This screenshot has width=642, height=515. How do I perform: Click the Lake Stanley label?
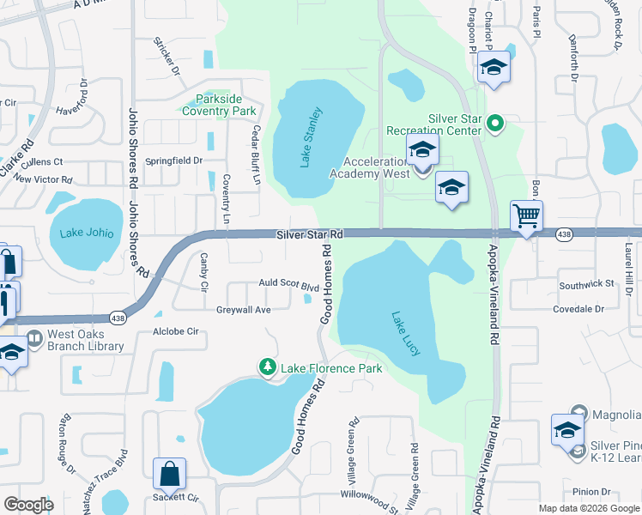click(x=311, y=137)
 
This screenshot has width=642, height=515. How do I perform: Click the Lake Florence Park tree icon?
click(x=268, y=368)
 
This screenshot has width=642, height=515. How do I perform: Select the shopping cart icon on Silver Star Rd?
click(x=526, y=216)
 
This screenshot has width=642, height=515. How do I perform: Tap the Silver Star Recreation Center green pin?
click(x=494, y=125)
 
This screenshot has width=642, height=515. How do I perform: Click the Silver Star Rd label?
click(x=310, y=234)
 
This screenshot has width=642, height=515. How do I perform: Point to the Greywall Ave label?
click(x=243, y=310)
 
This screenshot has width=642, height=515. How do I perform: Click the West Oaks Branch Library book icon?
click(x=34, y=339)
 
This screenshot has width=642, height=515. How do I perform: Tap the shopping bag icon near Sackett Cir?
click(x=169, y=473)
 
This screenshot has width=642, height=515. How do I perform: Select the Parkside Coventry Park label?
click(x=219, y=106)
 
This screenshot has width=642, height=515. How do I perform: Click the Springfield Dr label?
click(x=173, y=161)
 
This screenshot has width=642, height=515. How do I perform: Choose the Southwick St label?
click(x=586, y=283)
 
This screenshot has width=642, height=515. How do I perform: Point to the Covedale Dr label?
click(x=580, y=309)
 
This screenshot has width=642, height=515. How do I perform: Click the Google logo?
click(x=28, y=505)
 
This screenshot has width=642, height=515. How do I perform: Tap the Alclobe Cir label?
click(x=175, y=331)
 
